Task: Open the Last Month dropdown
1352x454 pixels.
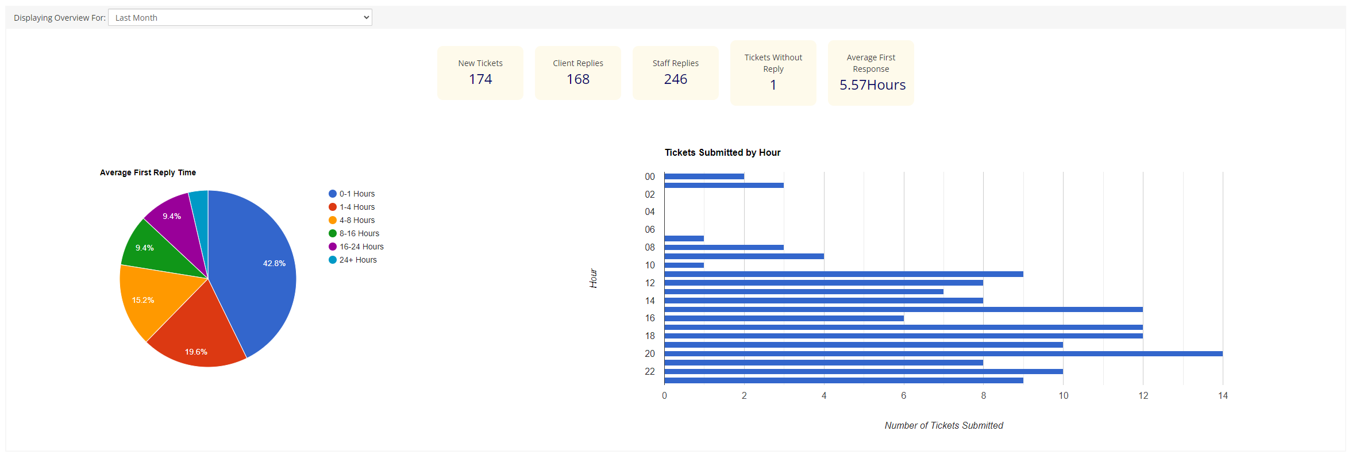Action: click(x=240, y=18)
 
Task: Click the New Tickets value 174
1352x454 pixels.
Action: click(x=480, y=79)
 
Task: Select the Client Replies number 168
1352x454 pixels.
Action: click(x=578, y=79)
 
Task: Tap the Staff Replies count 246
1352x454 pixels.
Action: click(x=676, y=79)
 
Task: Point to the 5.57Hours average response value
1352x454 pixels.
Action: click(x=872, y=85)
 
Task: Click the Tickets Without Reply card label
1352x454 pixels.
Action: click(x=773, y=63)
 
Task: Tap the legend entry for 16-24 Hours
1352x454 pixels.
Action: click(x=361, y=247)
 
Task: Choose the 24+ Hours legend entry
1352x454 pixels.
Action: click(x=357, y=260)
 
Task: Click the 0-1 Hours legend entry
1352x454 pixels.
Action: click(x=356, y=194)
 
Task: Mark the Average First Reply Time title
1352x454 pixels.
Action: click(x=148, y=172)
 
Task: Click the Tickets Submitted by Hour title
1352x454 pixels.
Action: click(x=722, y=152)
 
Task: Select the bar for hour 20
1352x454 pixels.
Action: click(x=942, y=353)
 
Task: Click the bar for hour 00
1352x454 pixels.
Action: click(x=704, y=176)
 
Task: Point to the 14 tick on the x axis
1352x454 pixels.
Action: click(x=1223, y=395)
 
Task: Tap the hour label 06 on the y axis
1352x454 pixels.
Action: click(x=650, y=229)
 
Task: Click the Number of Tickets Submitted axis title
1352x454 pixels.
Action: click(x=943, y=425)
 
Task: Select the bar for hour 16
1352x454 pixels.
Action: click(x=784, y=318)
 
